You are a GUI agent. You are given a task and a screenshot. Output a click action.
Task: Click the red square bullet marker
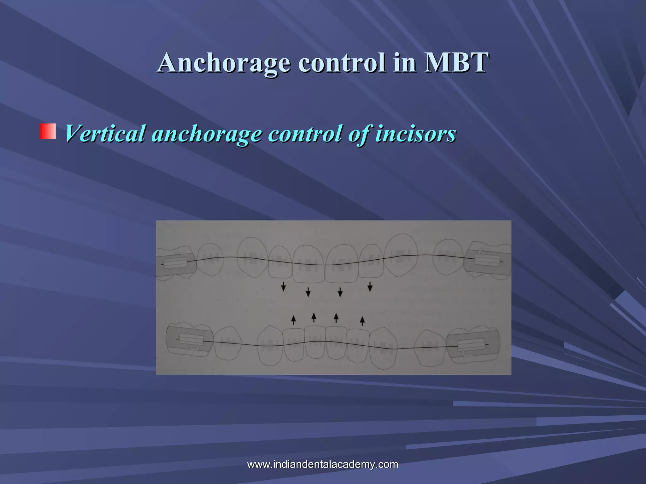(x=48, y=131)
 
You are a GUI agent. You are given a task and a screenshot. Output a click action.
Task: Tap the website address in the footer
(x=323, y=464)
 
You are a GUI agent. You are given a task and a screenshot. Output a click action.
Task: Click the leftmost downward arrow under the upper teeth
(x=284, y=286)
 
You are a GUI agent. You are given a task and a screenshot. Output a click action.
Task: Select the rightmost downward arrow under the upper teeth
(x=370, y=286)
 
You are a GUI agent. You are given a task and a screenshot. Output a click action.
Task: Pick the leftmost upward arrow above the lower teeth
(x=293, y=320)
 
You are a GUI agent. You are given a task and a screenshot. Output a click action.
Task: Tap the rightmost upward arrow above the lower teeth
(x=362, y=321)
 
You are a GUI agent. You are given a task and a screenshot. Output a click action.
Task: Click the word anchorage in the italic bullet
(x=207, y=133)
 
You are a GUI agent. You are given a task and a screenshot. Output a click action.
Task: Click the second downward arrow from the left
(x=308, y=292)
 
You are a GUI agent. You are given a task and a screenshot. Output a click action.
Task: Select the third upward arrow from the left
(x=336, y=318)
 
